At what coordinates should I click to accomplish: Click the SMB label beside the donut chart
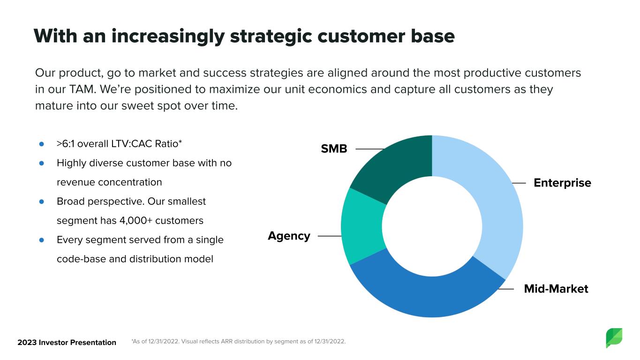(x=334, y=149)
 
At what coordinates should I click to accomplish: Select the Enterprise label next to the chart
(x=562, y=183)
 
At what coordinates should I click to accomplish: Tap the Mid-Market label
(x=556, y=289)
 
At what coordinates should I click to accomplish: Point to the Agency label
(x=289, y=236)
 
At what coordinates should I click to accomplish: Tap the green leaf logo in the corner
(x=614, y=338)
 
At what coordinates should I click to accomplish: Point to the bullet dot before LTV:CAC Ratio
(x=41, y=144)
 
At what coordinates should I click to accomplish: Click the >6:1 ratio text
(x=66, y=144)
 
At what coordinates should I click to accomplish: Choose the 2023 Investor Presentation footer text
(x=67, y=342)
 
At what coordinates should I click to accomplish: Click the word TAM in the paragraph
(x=82, y=89)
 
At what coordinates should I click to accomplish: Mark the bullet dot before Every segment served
(x=41, y=240)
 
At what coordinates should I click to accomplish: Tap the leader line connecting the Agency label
(x=330, y=236)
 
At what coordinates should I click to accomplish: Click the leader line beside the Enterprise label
(x=519, y=183)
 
